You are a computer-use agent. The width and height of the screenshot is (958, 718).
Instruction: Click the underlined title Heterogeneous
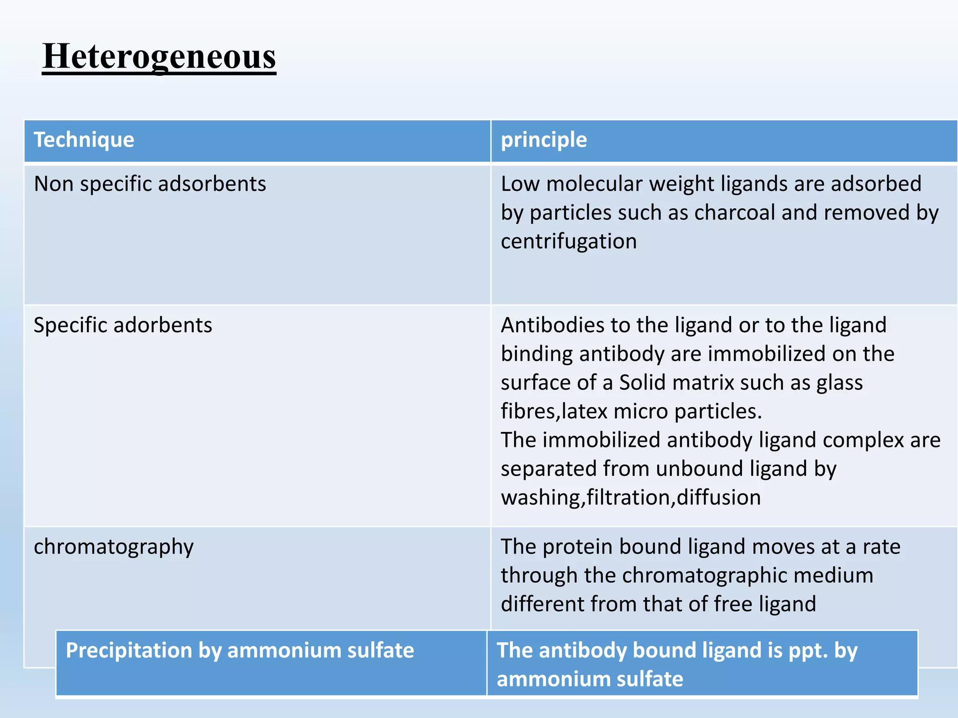159,57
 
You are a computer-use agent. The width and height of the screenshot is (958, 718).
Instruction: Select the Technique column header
84,140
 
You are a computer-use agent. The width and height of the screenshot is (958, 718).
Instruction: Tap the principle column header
544,140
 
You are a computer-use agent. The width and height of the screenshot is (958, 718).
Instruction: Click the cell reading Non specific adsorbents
150,184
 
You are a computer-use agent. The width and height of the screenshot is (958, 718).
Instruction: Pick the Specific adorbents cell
123,325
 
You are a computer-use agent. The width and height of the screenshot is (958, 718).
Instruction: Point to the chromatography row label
114,546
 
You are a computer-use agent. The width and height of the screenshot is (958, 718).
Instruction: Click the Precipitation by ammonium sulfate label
239,650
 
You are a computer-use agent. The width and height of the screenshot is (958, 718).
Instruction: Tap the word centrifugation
569,242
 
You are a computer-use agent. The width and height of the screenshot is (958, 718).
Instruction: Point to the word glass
839,383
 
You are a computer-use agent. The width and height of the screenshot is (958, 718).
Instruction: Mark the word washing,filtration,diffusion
631,497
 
